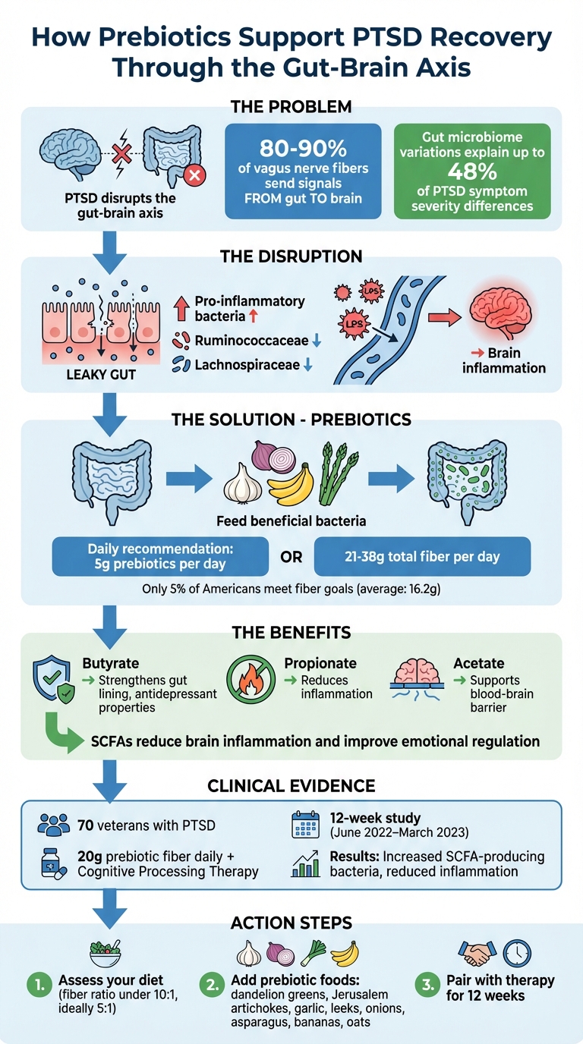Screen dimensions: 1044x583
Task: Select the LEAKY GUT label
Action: tap(102, 375)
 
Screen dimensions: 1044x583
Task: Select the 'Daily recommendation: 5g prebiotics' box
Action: tap(160, 557)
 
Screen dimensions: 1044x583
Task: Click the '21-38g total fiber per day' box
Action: tap(421, 557)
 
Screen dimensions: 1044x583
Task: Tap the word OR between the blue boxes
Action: tap(291, 558)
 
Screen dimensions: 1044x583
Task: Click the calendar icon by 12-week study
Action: tap(307, 825)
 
